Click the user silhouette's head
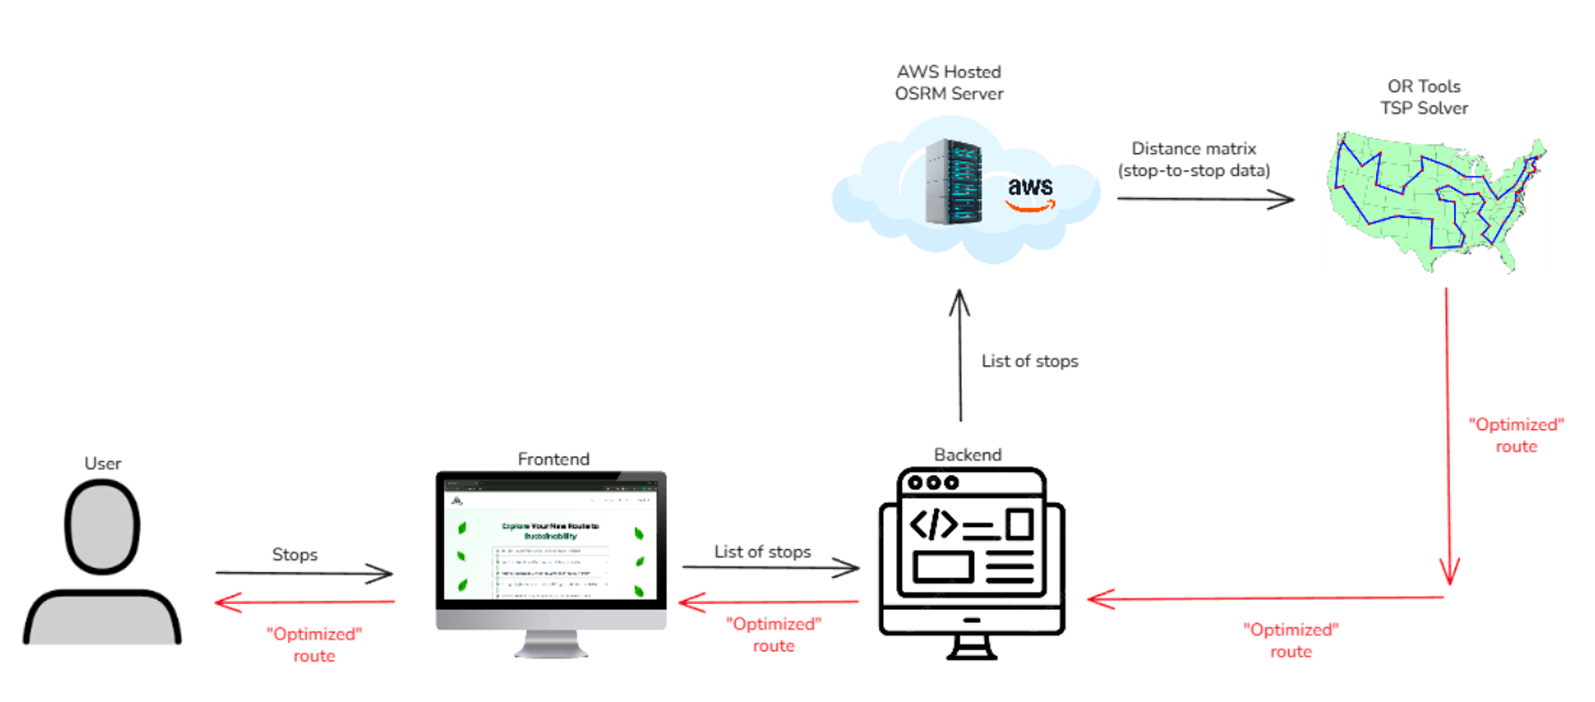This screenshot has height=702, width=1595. click(102, 527)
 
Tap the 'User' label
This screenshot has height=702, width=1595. click(102, 463)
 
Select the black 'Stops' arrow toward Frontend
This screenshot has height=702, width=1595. click(304, 573)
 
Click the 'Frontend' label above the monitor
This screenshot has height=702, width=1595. click(553, 459)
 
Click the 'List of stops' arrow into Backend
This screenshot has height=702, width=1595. click(770, 568)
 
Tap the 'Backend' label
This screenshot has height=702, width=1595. click(967, 454)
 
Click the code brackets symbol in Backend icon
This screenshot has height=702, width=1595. click(932, 524)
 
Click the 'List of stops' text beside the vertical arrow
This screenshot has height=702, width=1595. click(1029, 361)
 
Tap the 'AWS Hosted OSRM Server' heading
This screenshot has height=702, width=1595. click(948, 83)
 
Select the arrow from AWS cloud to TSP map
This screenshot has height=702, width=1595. click(1205, 199)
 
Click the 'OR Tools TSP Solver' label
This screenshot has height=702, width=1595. click(1423, 97)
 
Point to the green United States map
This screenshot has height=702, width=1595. click(1435, 200)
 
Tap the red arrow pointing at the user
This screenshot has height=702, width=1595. click(304, 602)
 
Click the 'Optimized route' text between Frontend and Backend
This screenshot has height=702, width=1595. click(773, 635)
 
